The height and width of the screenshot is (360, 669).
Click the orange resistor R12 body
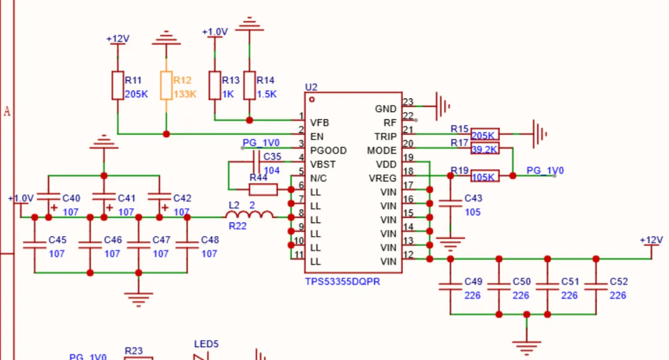[166, 85]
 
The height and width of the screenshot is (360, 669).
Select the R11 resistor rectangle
[118, 85]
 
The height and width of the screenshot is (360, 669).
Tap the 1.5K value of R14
[267, 94]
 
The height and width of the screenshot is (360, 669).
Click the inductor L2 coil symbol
[249, 215]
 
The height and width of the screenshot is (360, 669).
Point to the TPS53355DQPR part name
[342, 282]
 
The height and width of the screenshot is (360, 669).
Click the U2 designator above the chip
[311, 87]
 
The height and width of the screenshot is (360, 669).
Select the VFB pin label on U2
[319, 123]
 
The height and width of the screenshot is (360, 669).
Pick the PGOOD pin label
[328, 151]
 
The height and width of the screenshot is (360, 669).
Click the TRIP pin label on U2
[386, 137]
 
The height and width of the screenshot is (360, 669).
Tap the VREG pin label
[383, 178]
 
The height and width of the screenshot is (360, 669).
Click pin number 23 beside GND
[408, 102]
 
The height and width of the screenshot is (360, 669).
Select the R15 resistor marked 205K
[485, 134]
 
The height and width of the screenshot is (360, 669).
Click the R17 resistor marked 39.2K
[485, 148]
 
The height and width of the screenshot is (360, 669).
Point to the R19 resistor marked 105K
[485, 176]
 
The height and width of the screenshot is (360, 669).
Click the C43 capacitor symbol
[450, 204]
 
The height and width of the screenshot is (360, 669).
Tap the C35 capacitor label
[272, 157]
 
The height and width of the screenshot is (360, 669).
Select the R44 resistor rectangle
[263, 190]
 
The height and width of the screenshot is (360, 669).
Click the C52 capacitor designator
[618, 282]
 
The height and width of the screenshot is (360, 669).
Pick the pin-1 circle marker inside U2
[312, 100]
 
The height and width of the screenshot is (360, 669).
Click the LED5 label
[206, 344]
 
